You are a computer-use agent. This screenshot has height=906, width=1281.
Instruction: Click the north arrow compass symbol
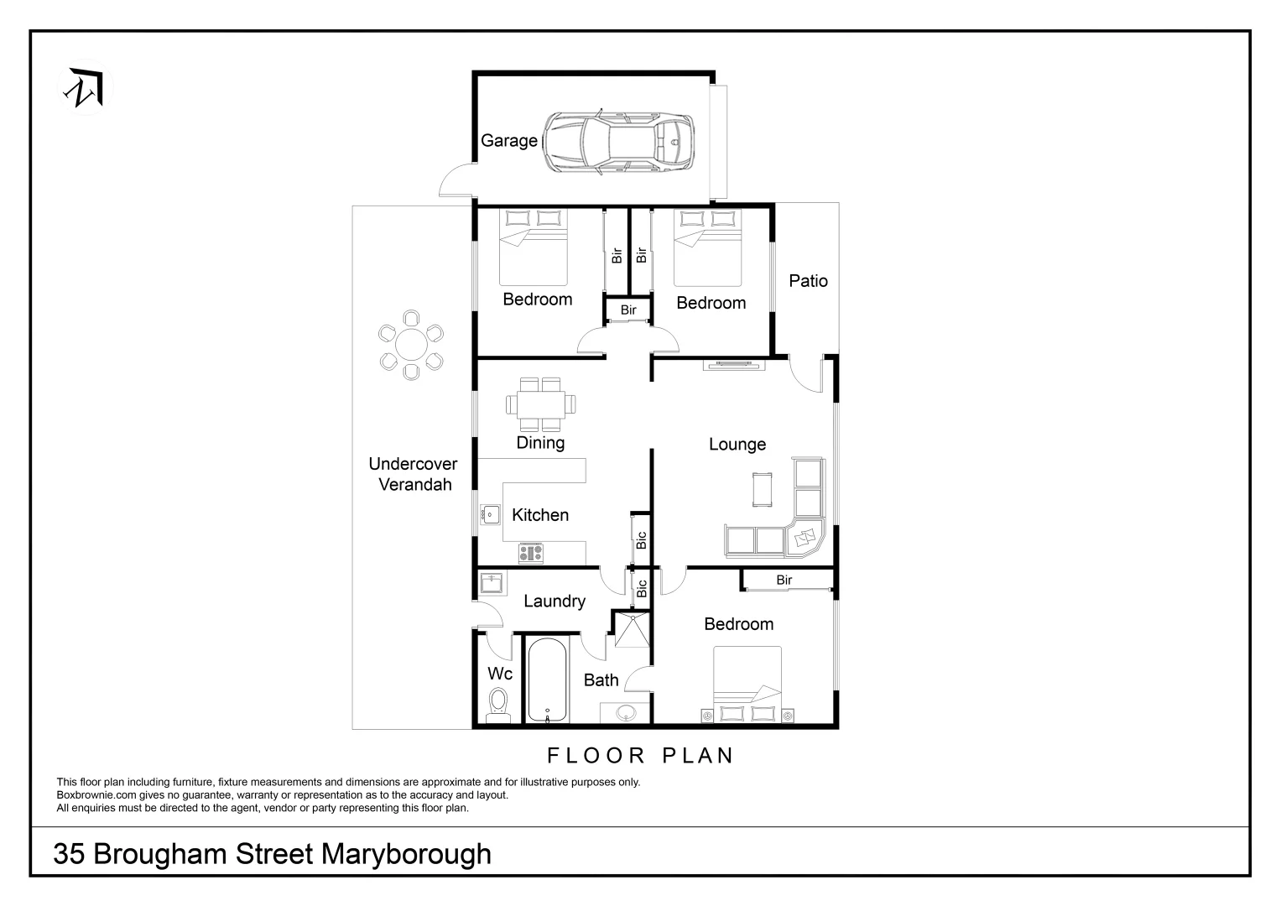pyautogui.click(x=86, y=87)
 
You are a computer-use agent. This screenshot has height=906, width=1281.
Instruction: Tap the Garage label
pyautogui.click(x=508, y=141)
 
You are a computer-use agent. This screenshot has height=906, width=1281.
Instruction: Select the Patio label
pyautogui.click(x=808, y=281)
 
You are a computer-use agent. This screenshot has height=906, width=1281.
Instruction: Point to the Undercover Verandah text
pyautogui.click(x=414, y=474)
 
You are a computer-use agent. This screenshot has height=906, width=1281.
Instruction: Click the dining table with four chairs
pyautogui.click(x=541, y=404)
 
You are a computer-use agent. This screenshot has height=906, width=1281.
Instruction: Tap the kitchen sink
pyautogui.click(x=490, y=514)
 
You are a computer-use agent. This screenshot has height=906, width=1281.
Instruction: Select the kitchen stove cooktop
pyautogui.click(x=530, y=553)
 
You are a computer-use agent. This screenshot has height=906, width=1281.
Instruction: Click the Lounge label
pyautogui.click(x=737, y=445)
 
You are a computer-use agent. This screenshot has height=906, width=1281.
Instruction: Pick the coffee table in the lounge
pyautogui.click(x=763, y=490)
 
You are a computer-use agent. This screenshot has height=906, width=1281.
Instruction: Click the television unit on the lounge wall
pyautogui.click(x=734, y=365)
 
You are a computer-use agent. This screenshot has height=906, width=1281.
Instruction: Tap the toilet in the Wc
pyautogui.click(x=497, y=704)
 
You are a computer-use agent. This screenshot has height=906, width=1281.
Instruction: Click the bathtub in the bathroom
pyautogui.click(x=547, y=679)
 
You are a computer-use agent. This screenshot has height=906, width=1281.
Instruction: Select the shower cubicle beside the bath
pyautogui.click(x=631, y=631)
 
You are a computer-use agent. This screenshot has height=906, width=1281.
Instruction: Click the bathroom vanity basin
pyautogui.click(x=626, y=713)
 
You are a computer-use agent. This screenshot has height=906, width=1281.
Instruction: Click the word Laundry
pyautogui.click(x=554, y=601)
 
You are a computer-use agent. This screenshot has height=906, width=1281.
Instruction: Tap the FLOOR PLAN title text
pyautogui.click(x=640, y=756)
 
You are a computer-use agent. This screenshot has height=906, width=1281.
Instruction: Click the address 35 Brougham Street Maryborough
pyautogui.click(x=272, y=854)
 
